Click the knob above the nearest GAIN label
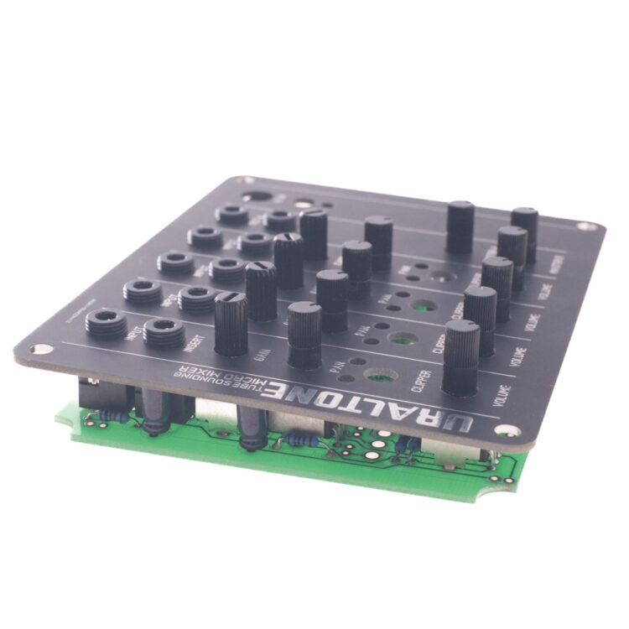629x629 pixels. pos(231,323)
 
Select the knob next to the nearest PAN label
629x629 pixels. pos(304,333)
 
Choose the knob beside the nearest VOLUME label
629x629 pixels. pos(461,356)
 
